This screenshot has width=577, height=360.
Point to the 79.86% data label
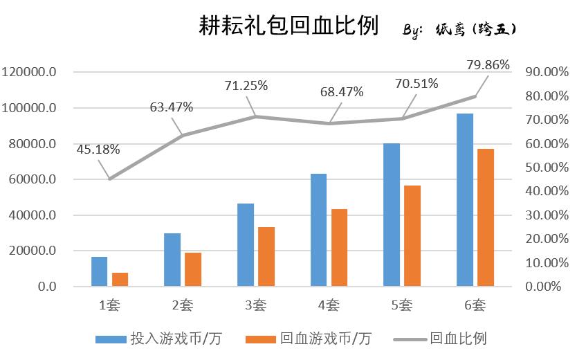tap(488, 66)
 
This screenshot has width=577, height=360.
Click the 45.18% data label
tap(98, 149)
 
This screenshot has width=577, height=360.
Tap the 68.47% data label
tap(341, 92)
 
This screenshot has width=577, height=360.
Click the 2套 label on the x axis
tap(182, 305)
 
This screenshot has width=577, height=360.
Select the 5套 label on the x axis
tap(401, 305)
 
